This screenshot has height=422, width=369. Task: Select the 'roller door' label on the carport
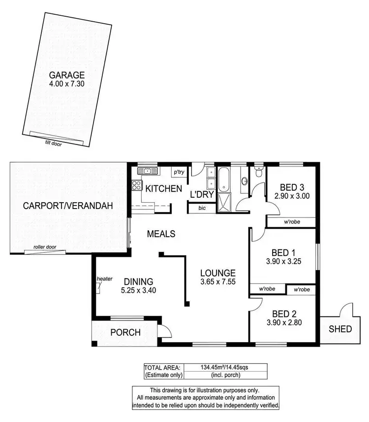[43, 246]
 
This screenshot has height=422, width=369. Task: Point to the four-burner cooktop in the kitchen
[136, 186]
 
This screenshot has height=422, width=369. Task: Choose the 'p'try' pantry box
[178, 172]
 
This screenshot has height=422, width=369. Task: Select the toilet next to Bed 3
[259, 173]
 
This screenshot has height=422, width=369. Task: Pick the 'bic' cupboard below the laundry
[202, 209]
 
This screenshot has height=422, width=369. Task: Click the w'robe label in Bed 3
[292, 222]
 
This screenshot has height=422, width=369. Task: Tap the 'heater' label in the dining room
[105, 279]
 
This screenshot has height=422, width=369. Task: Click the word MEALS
[161, 234]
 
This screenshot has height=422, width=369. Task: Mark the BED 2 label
[283, 314]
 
